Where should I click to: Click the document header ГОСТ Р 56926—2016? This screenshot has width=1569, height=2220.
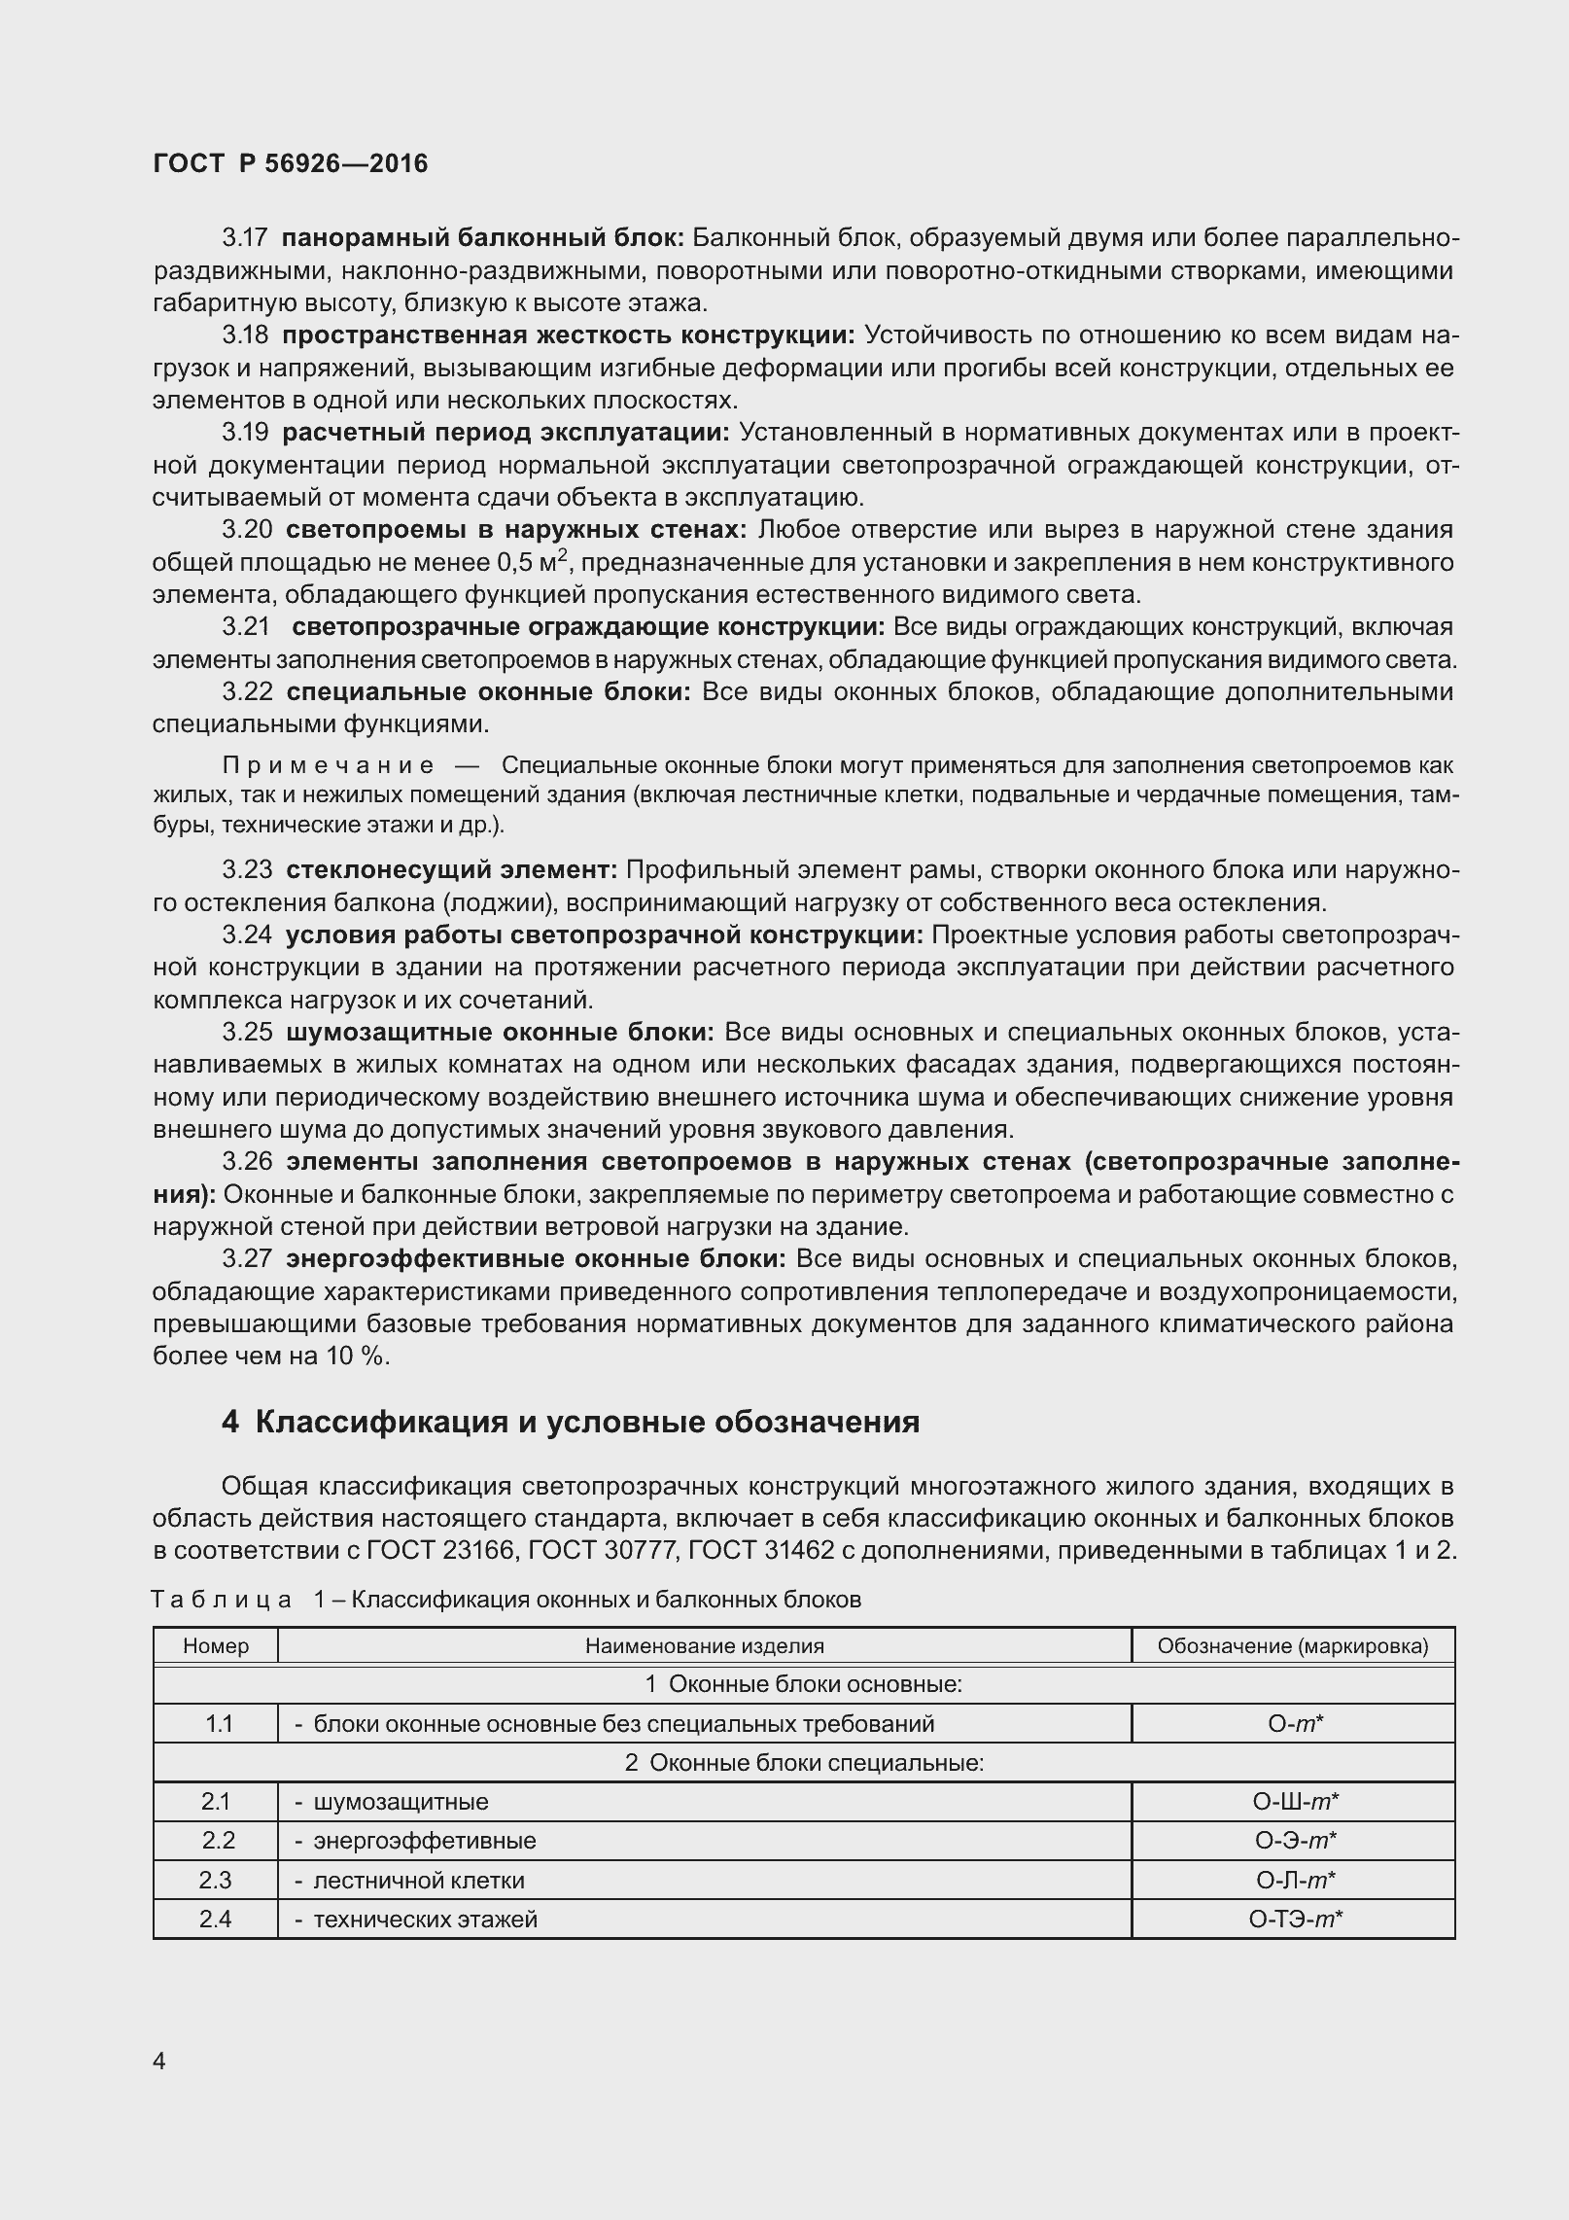click(x=290, y=163)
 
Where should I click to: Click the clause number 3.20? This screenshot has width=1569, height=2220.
click(x=247, y=530)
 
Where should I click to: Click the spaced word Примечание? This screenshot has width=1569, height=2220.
click(x=329, y=765)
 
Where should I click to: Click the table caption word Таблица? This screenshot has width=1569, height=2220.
click(x=222, y=1600)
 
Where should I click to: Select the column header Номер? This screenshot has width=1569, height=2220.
click(x=216, y=1645)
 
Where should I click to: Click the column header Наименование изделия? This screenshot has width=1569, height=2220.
click(x=704, y=1645)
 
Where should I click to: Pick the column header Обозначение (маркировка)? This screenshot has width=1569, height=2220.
click(x=1293, y=1645)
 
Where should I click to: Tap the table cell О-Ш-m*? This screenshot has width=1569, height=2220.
click(x=1295, y=1802)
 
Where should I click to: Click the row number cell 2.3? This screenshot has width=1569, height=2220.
click(x=216, y=1880)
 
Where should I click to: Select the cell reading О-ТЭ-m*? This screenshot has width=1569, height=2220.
click(x=1295, y=1919)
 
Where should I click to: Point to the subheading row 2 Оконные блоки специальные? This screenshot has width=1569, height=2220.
click(x=804, y=1762)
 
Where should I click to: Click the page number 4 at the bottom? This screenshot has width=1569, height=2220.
click(x=159, y=2062)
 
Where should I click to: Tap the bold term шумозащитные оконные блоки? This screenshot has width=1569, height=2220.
click(x=500, y=1032)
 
